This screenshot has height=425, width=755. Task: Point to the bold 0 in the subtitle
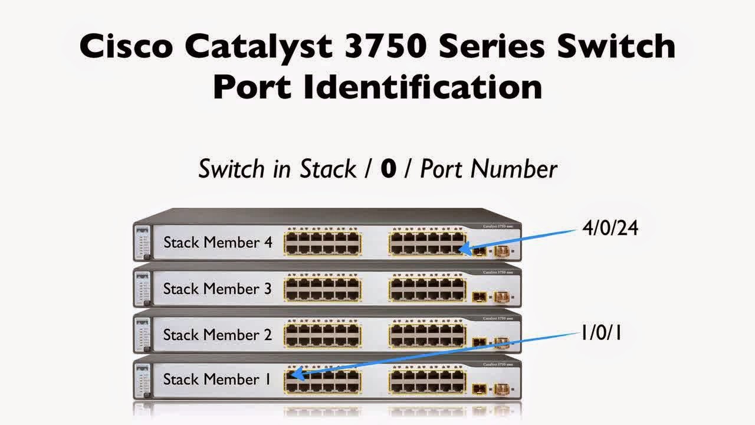(x=388, y=169)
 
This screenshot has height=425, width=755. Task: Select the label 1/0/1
(x=600, y=334)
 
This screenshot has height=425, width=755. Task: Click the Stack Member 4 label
(x=218, y=242)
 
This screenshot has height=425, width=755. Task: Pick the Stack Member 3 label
(x=218, y=289)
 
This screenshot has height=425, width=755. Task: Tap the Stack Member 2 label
(x=218, y=335)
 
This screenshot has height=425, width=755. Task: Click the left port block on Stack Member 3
(x=322, y=289)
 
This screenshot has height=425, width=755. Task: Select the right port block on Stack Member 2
(x=427, y=335)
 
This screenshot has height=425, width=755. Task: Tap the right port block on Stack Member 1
(x=427, y=381)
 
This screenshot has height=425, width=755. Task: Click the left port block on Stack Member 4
(x=322, y=243)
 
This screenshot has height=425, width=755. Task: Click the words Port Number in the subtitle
(x=488, y=169)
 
